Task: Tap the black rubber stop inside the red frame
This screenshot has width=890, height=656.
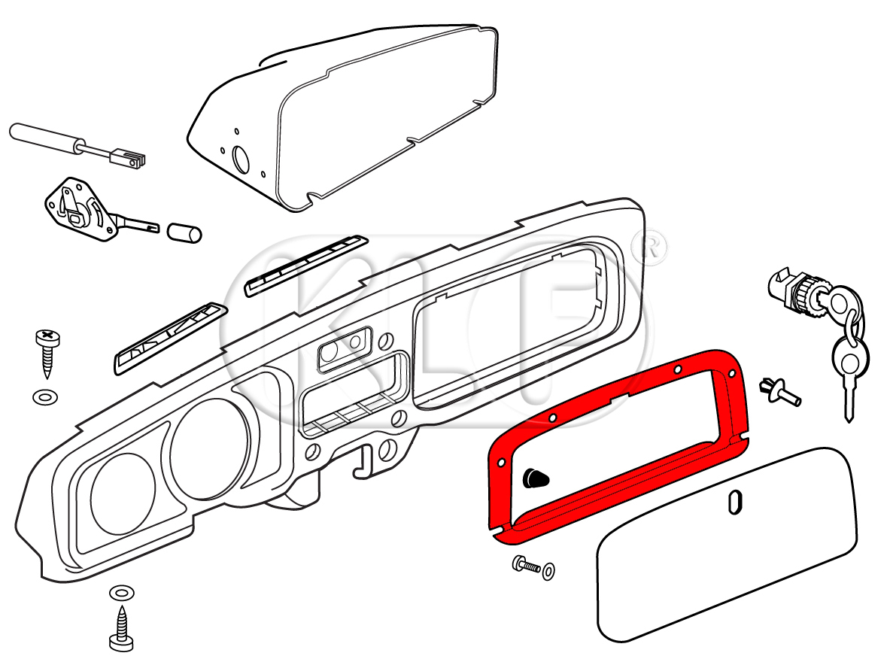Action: [x=535, y=476]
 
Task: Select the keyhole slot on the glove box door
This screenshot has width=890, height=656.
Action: [x=737, y=502]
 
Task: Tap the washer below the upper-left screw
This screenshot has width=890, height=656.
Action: [x=44, y=396]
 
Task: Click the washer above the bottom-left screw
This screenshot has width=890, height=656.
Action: [x=119, y=594]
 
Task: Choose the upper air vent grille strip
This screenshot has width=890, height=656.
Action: [x=305, y=265]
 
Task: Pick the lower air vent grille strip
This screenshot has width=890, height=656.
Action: [x=169, y=338]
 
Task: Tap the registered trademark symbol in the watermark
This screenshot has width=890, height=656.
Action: [x=649, y=248]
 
